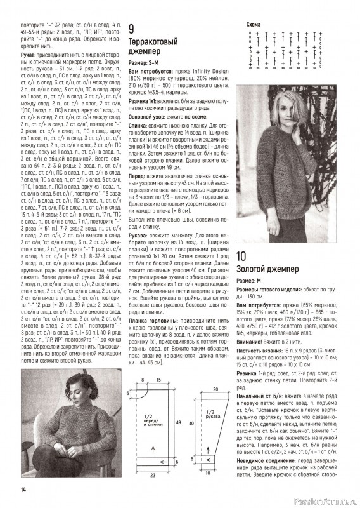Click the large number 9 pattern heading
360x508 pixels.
(131, 29)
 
